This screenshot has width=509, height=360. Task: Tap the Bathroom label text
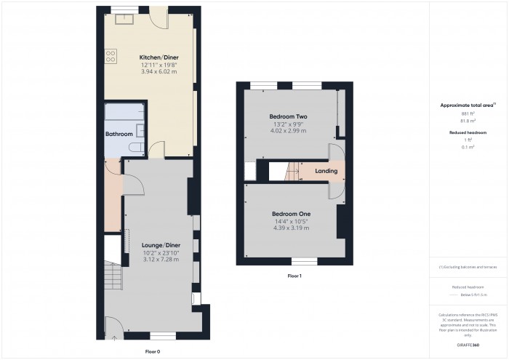tap(119, 135)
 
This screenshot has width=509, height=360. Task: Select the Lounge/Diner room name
tap(161, 245)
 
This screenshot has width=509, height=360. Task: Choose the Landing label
tap(326, 172)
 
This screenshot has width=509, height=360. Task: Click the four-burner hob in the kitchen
tap(111, 56)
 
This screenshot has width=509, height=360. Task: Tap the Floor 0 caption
tap(153, 351)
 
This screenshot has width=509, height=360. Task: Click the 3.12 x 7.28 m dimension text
tap(161, 260)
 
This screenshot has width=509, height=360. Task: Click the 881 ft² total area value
tap(467, 114)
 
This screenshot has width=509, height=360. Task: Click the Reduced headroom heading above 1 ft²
tap(467, 132)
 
